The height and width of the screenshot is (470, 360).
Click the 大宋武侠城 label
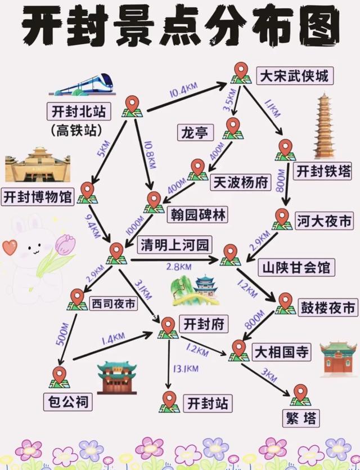coord(295,76)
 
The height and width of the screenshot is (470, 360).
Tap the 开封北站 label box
coord(79,111)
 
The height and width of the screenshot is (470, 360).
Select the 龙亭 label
coord(195,132)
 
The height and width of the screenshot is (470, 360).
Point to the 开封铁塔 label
coord(322,172)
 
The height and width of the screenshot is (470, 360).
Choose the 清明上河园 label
coord(175,245)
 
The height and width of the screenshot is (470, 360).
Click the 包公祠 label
coord(69,402)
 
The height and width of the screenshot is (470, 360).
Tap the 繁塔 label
coord(301,418)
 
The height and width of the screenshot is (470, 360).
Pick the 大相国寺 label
coord(281,352)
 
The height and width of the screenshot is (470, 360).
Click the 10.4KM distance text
coord(183,90)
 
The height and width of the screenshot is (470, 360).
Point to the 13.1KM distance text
coord(186,368)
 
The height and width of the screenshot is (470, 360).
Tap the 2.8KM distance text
coord(179,267)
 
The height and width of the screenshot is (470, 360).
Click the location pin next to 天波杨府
coord(197,169)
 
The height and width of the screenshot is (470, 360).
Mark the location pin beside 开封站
coord(169,402)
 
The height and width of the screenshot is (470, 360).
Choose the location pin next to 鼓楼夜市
coord(285,303)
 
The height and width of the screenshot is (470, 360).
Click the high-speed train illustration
coord(82,84)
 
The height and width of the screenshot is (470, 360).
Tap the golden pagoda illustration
coord(324,126)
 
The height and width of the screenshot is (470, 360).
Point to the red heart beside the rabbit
coord(10,247)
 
